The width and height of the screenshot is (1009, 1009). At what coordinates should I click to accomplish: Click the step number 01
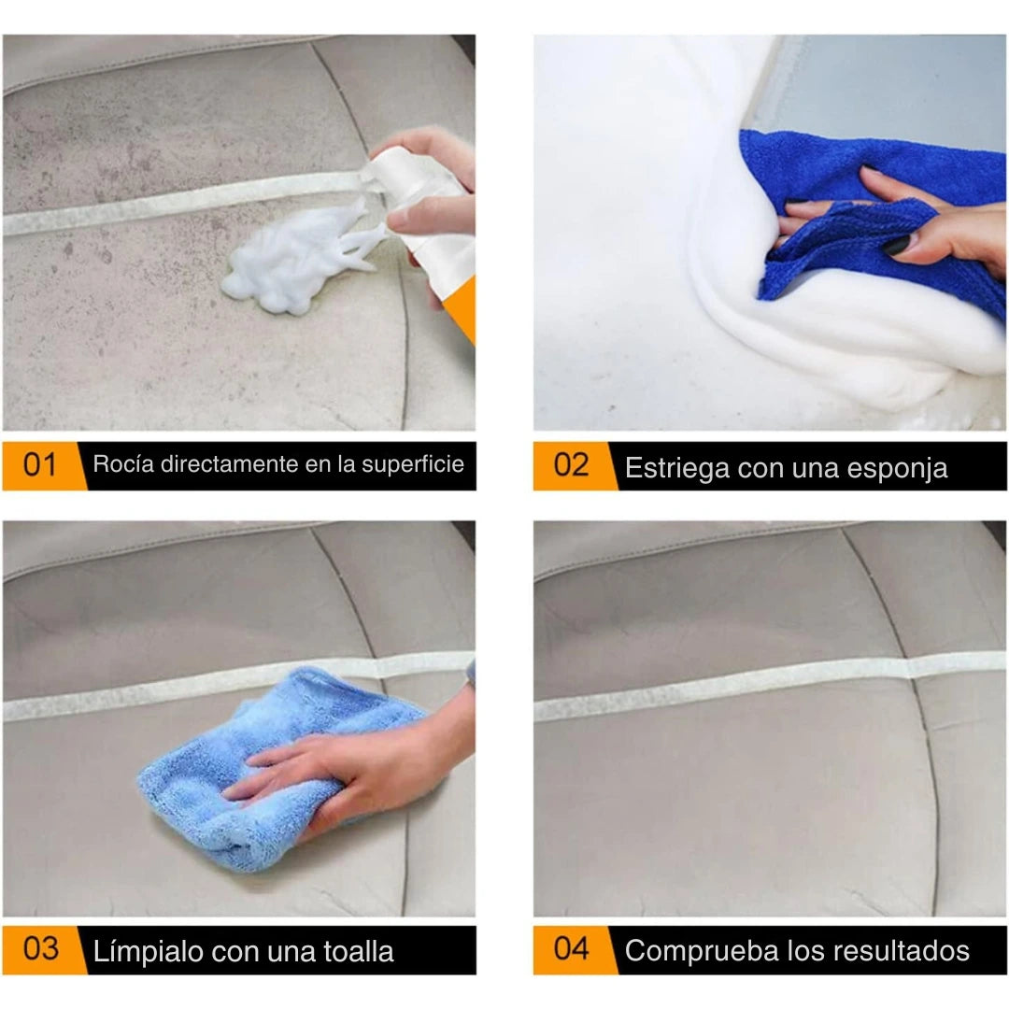coord(39,464)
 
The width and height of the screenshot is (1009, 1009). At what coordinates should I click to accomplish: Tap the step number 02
coord(571,465)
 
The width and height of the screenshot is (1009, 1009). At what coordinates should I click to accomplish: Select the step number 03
coord(41,949)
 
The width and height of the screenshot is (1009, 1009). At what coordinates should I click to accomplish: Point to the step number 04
coord(571,949)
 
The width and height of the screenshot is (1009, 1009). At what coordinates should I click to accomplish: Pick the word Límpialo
coord(148,952)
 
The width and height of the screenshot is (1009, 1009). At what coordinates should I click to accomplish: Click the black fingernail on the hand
coord(898,245)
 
